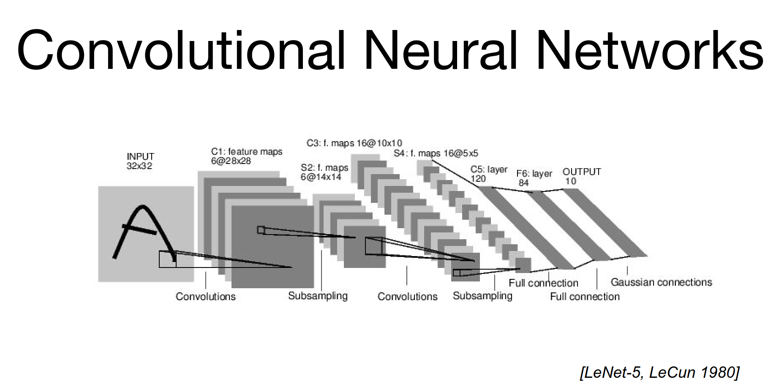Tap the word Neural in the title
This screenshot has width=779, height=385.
coord(440,51)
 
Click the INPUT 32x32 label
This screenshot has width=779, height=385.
coord(140,161)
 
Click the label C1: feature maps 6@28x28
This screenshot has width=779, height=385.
coord(246,156)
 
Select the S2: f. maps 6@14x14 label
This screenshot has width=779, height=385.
coord(324,172)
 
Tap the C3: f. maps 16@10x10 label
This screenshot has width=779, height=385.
coord(354,143)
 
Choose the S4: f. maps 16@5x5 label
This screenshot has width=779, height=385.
coord(436,153)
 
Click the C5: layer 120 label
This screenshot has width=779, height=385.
coord(488,174)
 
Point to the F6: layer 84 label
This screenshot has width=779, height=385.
coord(534,178)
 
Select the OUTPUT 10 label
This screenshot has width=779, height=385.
coord(581,176)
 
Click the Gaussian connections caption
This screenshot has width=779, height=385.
coord(661,282)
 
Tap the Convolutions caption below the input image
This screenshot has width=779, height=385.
coord(205,296)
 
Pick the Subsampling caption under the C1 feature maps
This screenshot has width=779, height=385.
coord(318,296)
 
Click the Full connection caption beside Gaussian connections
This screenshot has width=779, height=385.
coord(585,297)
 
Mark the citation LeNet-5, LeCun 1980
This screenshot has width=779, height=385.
coord(660,372)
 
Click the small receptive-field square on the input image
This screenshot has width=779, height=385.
coord(167,259)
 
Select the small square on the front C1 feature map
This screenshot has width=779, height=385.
coord(261,230)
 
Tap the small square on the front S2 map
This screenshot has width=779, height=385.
coord(373,246)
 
